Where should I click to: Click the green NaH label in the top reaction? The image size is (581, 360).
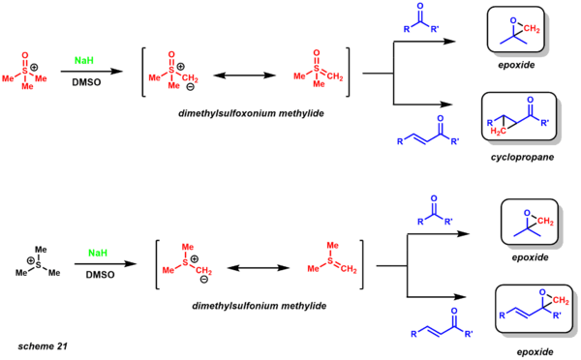point(83,60)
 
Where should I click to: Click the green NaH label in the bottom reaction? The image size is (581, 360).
point(98,253)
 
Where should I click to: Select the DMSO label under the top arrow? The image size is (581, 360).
point(86,82)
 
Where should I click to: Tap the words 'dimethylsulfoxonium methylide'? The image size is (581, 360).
point(251,113)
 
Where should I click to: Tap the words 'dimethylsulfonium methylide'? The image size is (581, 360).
point(259,306)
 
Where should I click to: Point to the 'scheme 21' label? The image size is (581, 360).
point(43,346)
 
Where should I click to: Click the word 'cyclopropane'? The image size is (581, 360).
point(522,157)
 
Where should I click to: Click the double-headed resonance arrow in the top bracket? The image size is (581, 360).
point(245,75)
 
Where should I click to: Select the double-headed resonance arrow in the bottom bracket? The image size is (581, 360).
point(259,268)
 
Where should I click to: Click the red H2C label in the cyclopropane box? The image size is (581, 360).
point(498,131)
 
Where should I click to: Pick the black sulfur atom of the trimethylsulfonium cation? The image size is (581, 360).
point(38,265)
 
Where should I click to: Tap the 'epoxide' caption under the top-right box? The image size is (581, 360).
point(516,65)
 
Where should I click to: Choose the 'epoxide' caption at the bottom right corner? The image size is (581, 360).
point(535,352)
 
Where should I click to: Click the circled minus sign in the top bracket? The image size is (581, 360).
point(190,87)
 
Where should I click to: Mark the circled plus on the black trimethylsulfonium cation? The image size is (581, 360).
point(31,260)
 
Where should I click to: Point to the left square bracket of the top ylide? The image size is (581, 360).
point(143,72)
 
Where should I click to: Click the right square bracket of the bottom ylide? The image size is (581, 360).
point(361,264)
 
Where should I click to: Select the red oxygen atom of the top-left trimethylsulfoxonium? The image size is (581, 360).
point(25,55)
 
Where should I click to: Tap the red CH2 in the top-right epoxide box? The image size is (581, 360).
point(532,29)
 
